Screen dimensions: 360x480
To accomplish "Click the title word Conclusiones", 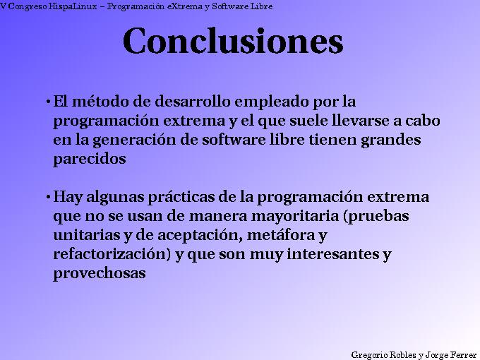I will (x=233, y=41).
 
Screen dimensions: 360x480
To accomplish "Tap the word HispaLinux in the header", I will (x=74, y=6).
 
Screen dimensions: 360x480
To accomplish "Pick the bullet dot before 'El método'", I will (x=48, y=102).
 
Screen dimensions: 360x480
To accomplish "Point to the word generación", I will (x=129, y=140).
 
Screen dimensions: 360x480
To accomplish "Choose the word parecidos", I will (x=90, y=159).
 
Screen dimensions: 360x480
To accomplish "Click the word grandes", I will (x=390, y=140).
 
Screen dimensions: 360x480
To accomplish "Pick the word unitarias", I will (x=86, y=235).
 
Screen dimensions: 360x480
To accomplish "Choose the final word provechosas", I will (x=100, y=273).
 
